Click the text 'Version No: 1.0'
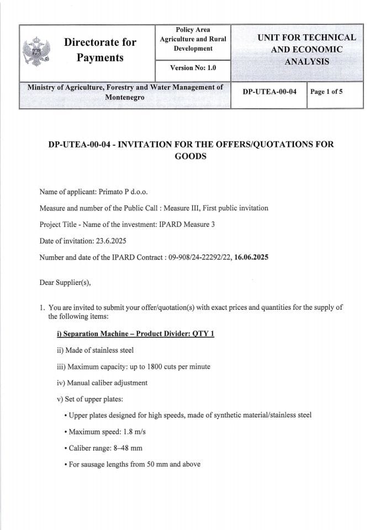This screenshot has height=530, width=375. (193, 68)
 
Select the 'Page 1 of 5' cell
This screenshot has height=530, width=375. (326, 92)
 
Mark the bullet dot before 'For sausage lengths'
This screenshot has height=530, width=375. (66, 465)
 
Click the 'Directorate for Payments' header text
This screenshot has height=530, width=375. (100, 50)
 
